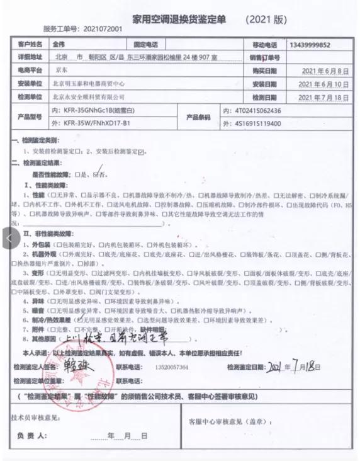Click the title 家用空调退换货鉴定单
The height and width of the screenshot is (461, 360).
[x=181, y=19]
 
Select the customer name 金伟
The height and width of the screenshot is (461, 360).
[x=60, y=45]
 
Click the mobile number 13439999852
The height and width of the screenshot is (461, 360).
[x=310, y=45]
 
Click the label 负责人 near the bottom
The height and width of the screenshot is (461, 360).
[x=31, y=435]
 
